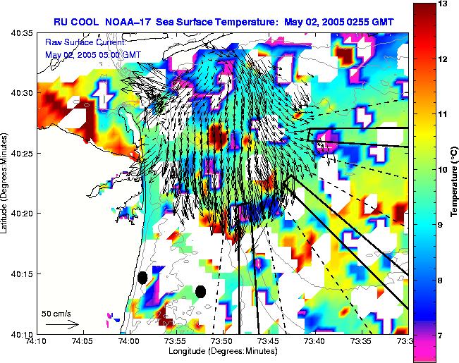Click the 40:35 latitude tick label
(23, 33)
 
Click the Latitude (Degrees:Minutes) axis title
(6, 183)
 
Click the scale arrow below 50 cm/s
(61, 324)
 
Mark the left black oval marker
(142, 278)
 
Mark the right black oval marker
(200, 291)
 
